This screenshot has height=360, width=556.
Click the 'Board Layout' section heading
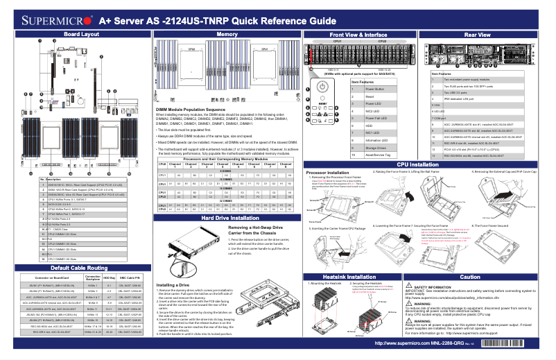coord(76,34)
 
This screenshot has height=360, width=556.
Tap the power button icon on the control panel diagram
coord(323,86)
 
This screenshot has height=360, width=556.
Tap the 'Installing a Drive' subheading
coord(173,285)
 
